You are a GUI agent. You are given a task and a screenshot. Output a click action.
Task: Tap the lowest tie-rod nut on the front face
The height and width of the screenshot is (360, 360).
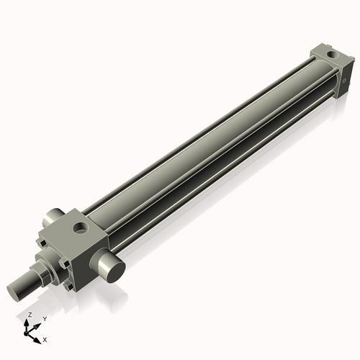pos(71,288)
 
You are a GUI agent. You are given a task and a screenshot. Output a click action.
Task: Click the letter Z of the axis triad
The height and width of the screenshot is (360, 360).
pos(30,315)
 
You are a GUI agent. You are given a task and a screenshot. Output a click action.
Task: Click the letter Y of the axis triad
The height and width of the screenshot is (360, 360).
pos(45,318)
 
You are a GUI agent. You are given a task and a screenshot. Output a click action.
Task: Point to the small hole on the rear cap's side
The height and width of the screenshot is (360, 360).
pos(346,72)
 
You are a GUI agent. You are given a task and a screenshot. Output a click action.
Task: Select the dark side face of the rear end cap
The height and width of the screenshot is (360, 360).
pos(345,68)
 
